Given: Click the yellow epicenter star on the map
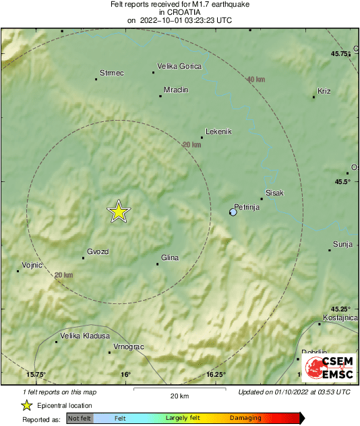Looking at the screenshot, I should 119,212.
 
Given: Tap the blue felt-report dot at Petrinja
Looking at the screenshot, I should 233,212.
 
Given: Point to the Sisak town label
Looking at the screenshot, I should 275,193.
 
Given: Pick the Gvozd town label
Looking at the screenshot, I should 98,251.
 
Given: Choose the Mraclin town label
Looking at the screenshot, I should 176,90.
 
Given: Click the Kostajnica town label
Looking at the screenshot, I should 339,317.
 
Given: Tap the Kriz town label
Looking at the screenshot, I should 325,91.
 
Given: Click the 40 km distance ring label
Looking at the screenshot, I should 256,80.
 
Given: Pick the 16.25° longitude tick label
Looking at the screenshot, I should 216,375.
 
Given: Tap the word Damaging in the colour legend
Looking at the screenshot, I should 245,419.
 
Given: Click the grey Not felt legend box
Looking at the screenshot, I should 80,419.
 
